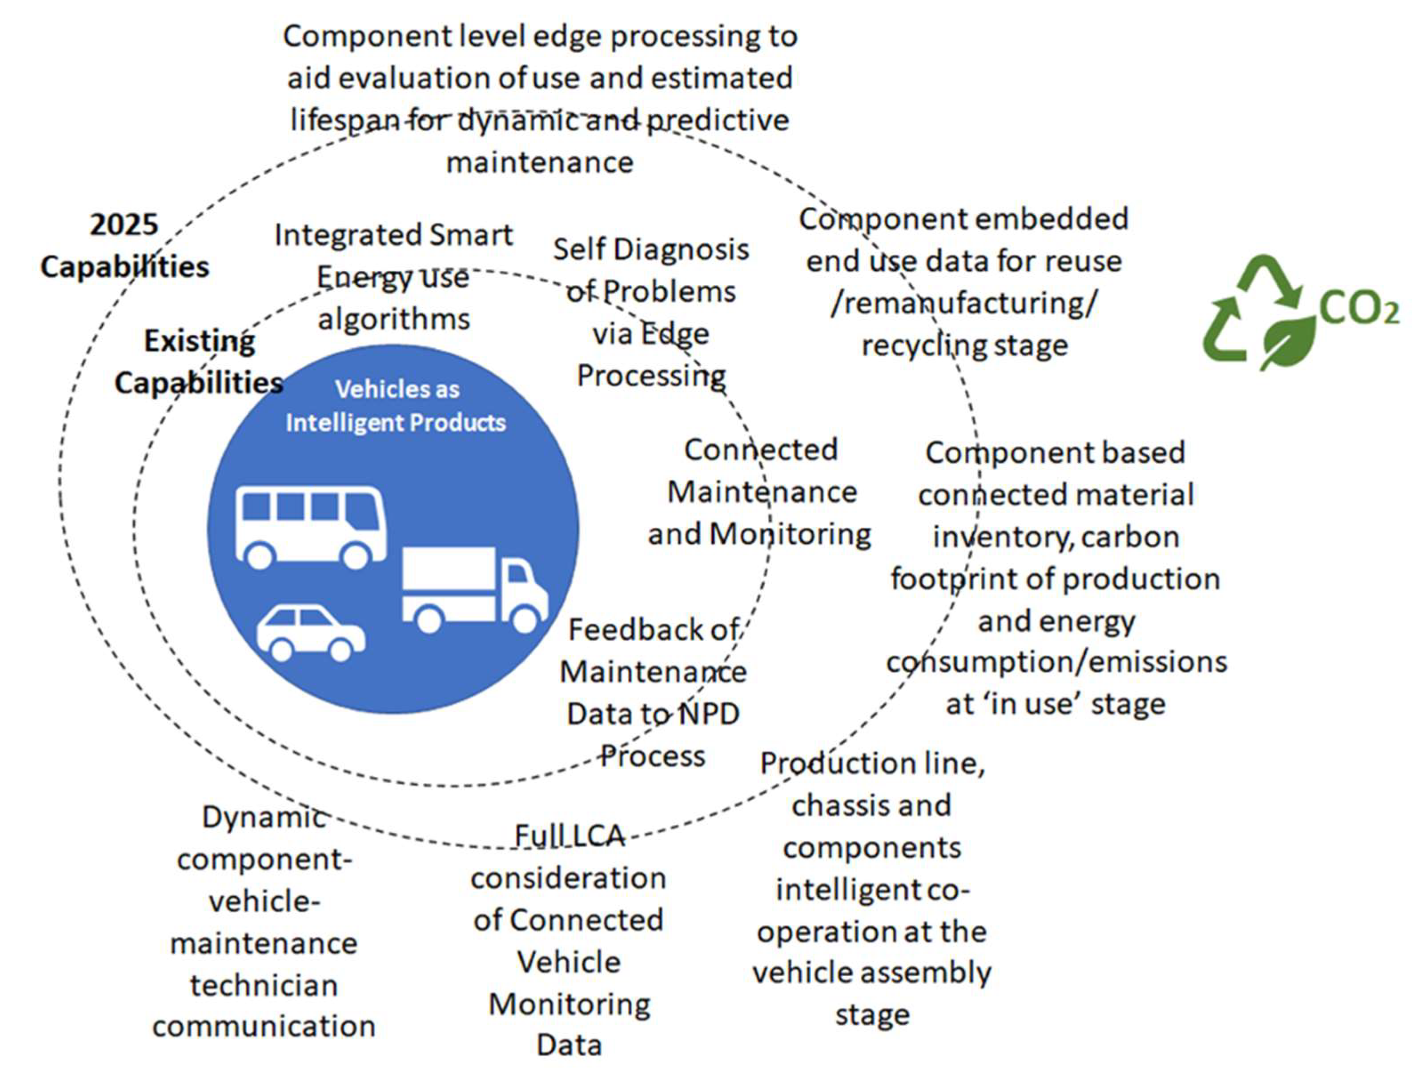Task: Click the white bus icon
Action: (x=311, y=525)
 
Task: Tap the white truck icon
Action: (x=474, y=588)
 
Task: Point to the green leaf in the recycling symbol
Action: (x=1288, y=341)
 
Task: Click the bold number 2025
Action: (x=123, y=225)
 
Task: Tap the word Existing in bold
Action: (x=199, y=341)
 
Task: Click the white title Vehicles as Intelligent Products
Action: (x=396, y=406)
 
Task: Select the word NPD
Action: (x=711, y=714)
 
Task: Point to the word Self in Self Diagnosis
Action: (x=580, y=249)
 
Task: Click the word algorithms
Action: (x=393, y=319)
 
